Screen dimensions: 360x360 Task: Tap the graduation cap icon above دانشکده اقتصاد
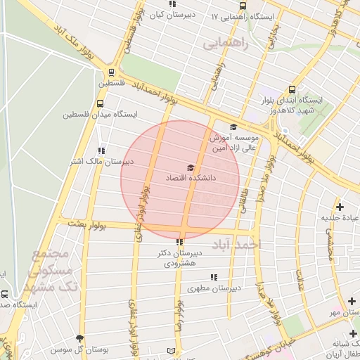pyautogui.click(x=190, y=168)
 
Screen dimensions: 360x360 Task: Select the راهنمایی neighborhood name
pyautogui.click(x=227, y=44)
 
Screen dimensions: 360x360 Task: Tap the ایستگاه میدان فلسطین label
pyautogui.click(x=101, y=113)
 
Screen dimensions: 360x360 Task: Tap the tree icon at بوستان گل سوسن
pyautogui.click(x=79, y=338)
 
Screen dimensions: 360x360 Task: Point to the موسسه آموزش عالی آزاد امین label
pyautogui.click(x=234, y=143)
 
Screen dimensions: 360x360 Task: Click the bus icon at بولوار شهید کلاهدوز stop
pyautogui.click(x=292, y=89)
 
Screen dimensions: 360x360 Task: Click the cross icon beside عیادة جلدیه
pyautogui.click(x=340, y=207)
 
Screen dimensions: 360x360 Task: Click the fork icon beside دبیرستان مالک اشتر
pyautogui.click(x=102, y=150)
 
